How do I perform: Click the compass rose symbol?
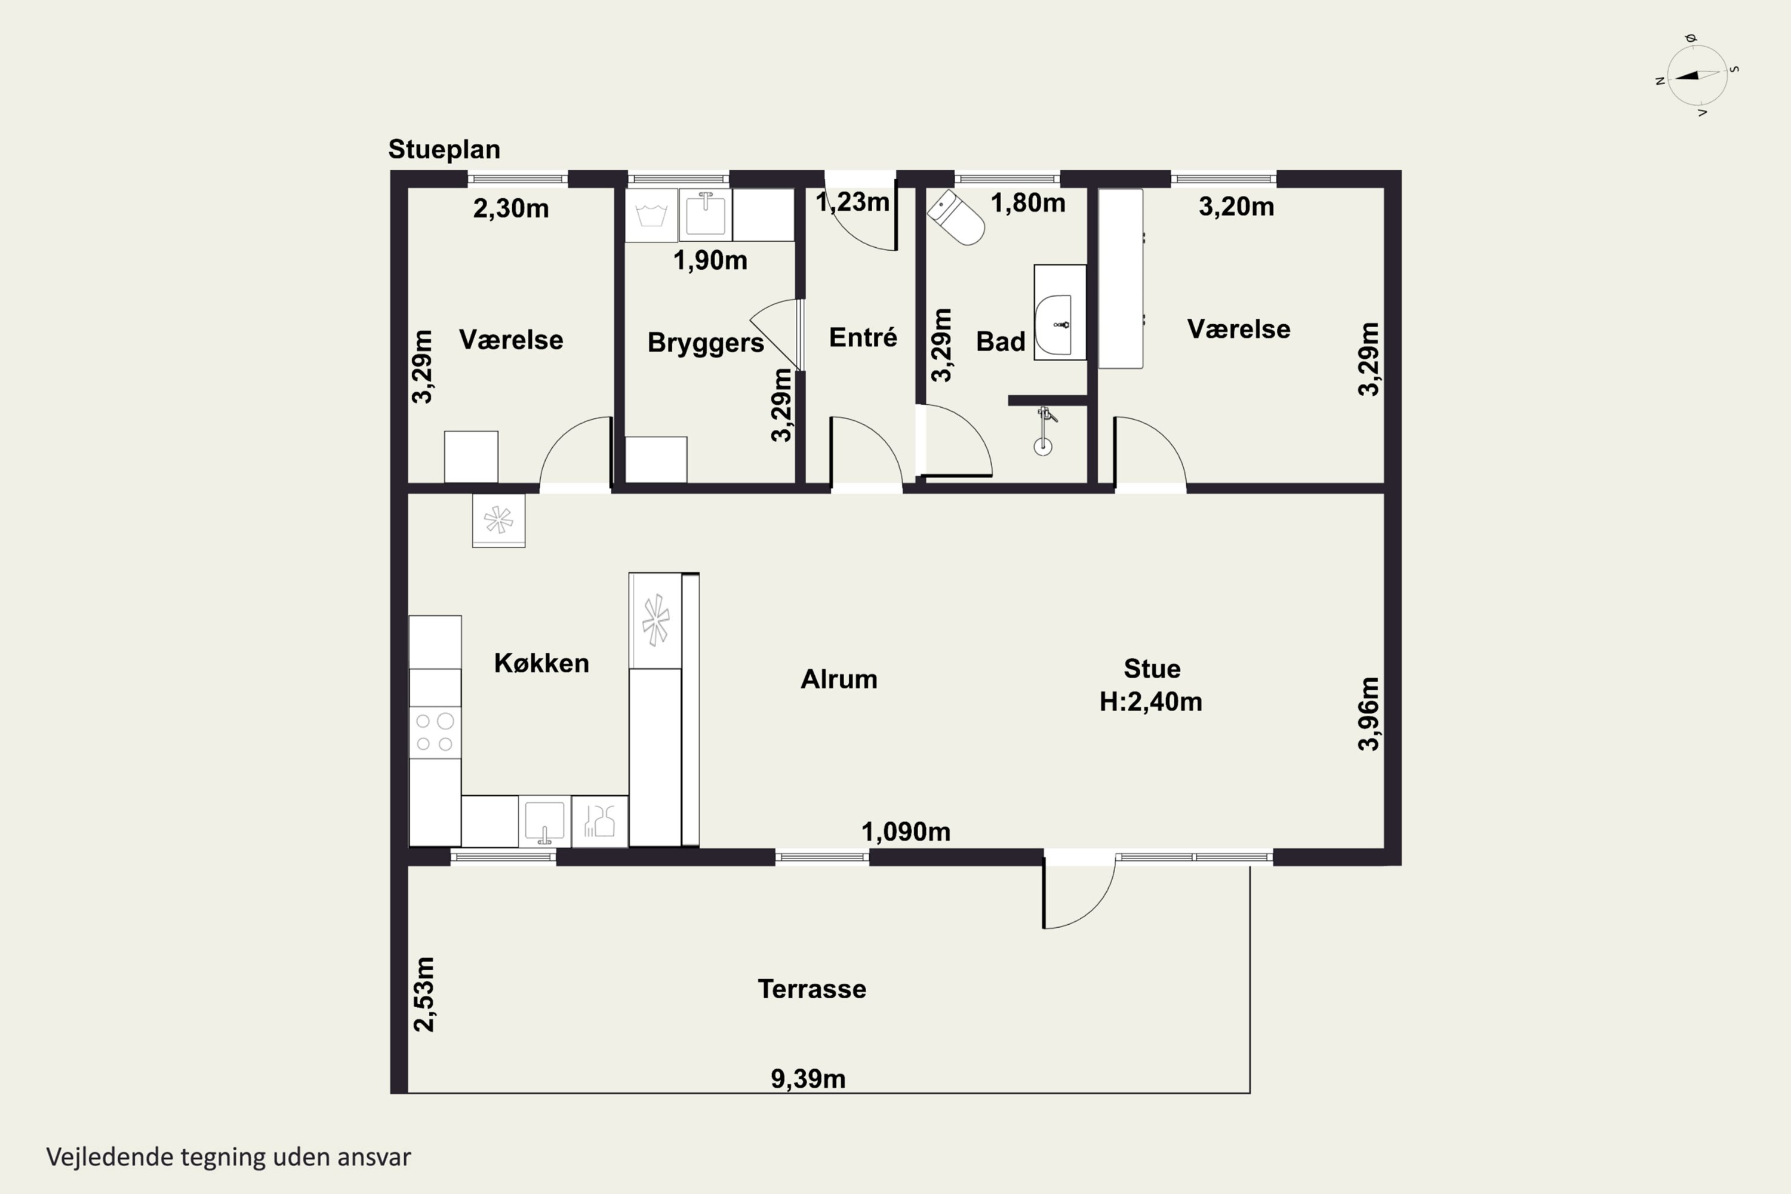pyautogui.click(x=1697, y=75)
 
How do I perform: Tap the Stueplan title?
pyautogui.click(x=444, y=149)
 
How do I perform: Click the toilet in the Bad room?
pyautogui.click(x=956, y=218)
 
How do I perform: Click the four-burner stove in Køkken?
pyautogui.click(x=435, y=732)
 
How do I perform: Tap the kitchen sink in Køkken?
pyautogui.click(x=544, y=821)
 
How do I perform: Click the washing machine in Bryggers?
pyautogui.click(x=652, y=216)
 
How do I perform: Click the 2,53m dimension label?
pyautogui.click(x=423, y=995)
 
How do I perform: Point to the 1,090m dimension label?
pyautogui.click(x=906, y=832)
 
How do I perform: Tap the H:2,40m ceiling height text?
pyautogui.click(x=1150, y=701)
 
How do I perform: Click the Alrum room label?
pyautogui.click(x=839, y=678)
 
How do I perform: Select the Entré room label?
pyautogui.click(x=863, y=337)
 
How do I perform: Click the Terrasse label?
pyautogui.click(x=812, y=989)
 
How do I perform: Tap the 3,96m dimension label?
pyautogui.click(x=1368, y=713)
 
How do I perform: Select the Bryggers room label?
pyautogui.click(x=706, y=343)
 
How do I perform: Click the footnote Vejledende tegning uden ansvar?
pyautogui.click(x=229, y=1157)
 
